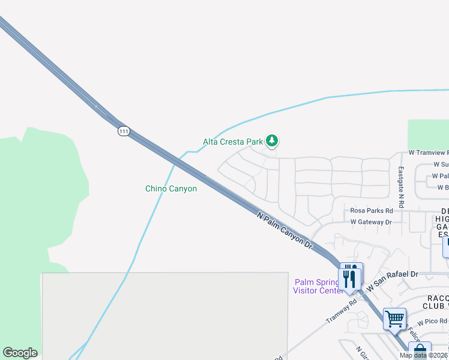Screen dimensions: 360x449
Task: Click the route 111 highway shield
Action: (x=124, y=131)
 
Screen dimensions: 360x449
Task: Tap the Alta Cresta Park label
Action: (x=233, y=142)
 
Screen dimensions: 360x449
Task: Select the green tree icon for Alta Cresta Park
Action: (x=272, y=141)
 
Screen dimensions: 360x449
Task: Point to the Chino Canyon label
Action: (x=171, y=188)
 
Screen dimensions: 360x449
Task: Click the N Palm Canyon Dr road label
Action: (x=285, y=230)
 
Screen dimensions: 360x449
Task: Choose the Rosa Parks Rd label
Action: (x=371, y=211)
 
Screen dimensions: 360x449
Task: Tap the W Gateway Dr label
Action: (x=370, y=222)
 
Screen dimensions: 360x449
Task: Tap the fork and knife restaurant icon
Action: (x=351, y=276)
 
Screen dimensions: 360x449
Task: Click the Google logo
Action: (x=20, y=353)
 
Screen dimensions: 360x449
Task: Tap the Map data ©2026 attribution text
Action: (x=423, y=355)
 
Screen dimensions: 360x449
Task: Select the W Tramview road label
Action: (x=428, y=153)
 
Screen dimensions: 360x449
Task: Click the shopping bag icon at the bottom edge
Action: (x=419, y=351)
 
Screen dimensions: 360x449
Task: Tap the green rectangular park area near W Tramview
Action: (x=427, y=134)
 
